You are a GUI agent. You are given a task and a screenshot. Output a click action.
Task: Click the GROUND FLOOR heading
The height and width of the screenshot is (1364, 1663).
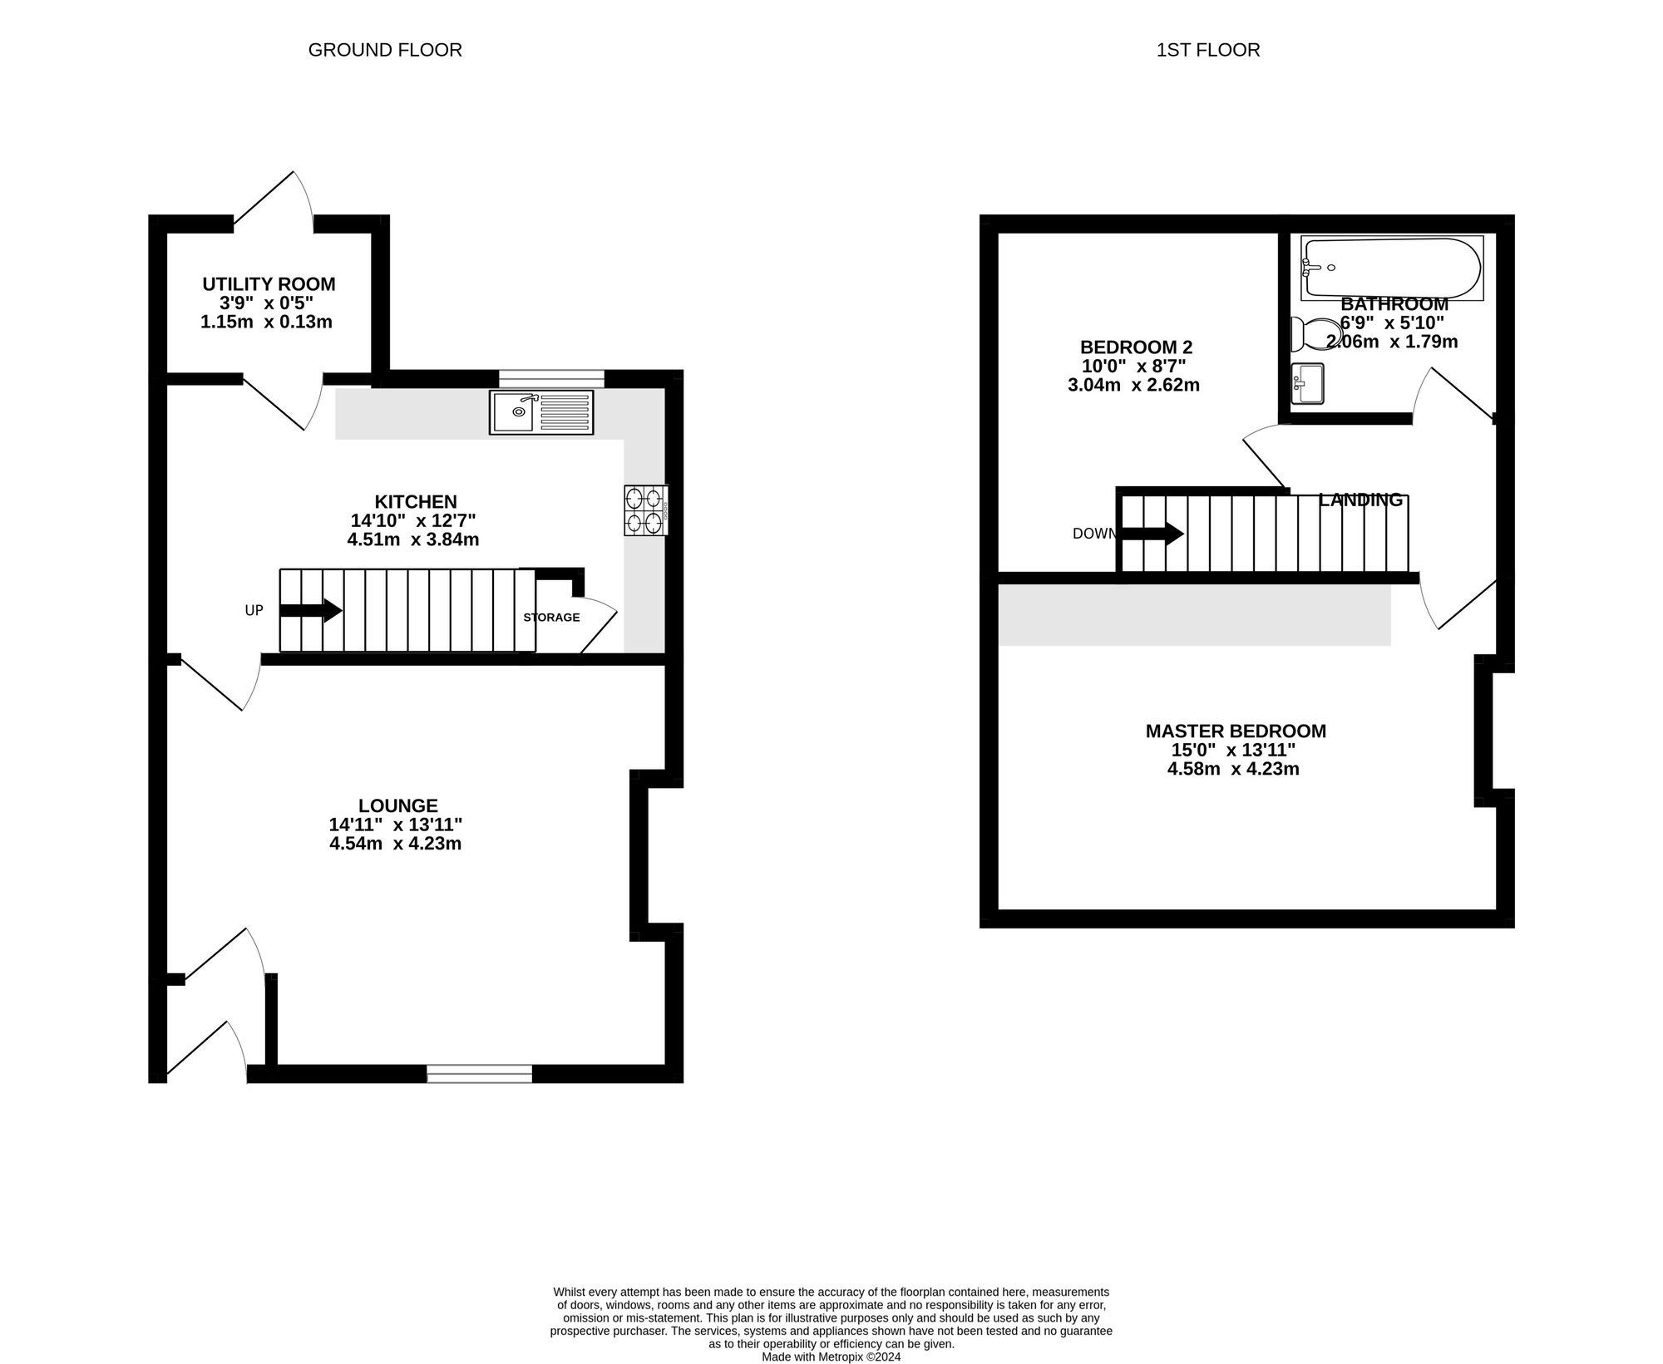385,50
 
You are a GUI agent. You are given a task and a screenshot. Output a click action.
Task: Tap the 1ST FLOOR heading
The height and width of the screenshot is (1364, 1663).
1208,50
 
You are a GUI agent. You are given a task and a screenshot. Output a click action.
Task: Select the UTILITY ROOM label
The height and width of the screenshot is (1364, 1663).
269,284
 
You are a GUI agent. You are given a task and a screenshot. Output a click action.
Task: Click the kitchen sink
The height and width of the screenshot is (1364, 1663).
542,412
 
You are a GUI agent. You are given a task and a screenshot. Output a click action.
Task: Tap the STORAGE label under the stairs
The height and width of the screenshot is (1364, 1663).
551,618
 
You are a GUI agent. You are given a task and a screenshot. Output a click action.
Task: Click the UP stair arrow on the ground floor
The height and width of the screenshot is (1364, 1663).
311,610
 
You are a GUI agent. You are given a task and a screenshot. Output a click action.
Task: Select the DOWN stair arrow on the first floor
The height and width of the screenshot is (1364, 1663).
1152,534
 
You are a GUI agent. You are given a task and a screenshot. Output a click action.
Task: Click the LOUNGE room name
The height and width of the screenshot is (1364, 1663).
398,805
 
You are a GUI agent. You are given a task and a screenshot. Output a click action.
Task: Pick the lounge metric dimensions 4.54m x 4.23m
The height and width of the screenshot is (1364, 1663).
395,844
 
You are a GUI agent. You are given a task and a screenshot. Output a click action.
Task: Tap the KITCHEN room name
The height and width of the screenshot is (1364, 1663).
416,502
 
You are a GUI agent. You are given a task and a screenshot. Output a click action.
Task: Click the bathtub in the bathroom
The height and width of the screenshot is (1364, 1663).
1392,268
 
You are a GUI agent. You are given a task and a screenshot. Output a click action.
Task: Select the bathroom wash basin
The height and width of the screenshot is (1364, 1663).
1307,384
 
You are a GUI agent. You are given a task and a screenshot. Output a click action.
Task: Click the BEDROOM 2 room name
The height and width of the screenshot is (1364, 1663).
1136,347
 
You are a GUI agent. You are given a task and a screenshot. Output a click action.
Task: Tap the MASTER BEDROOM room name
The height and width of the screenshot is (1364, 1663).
1236,731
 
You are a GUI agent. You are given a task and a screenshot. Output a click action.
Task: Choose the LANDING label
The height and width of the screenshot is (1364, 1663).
1361,500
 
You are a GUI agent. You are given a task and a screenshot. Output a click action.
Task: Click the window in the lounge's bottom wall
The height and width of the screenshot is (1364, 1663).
480,1073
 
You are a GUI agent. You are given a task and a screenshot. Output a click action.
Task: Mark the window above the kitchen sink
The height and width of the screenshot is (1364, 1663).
551,379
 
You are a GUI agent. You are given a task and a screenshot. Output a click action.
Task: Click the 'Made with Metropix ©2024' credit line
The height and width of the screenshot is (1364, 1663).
831,1357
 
